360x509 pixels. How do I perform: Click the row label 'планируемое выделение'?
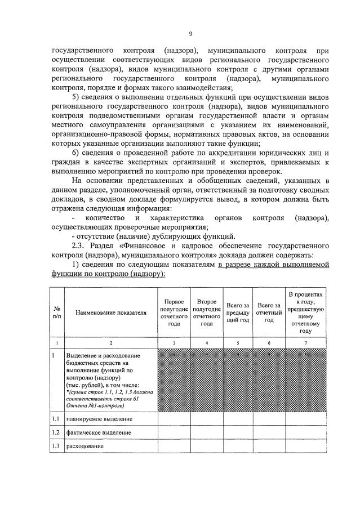(x=99, y=419)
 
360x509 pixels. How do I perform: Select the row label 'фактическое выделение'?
(x=99, y=432)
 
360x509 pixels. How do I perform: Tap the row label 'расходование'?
(x=85, y=447)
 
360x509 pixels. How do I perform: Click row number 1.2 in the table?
(x=56, y=432)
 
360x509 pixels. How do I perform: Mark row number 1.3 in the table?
(x=56, y=447)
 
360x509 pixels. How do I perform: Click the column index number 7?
(x=306, y=342)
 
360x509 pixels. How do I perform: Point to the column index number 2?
(x=110, y=342)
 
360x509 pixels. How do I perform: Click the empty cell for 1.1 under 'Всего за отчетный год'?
(x=269, y=419)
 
